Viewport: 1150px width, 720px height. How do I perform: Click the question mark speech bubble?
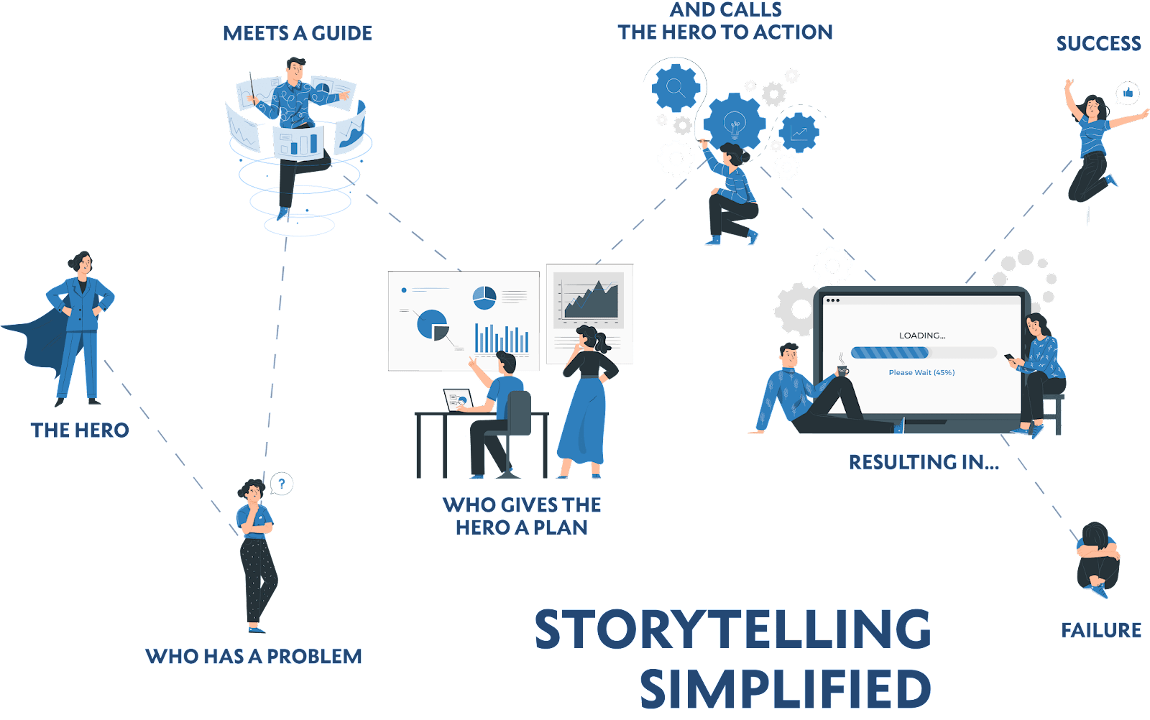pyautogui.click(x=281, y=484)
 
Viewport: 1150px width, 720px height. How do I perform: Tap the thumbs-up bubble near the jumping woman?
pyautogui.click(x=1128, y=93)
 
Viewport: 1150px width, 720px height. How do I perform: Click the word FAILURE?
pyautogui.click(x=1100, y=630)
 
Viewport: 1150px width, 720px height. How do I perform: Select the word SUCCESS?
pyautogui.click(x=1099, y=44)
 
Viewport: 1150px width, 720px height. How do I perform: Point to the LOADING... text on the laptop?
pyautogui.click(x=922, y=336)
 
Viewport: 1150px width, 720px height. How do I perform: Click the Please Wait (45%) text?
pyautogui.click(x=921, y=372)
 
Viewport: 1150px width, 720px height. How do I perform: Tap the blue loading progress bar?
pyautogui.click(x=890, y=353)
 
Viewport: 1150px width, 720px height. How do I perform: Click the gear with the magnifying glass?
pyautogui.click(x=676, y=88)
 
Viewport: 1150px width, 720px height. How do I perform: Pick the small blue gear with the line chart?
pyautogui.click(x=799, y=132)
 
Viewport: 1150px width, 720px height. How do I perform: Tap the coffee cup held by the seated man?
pyautogui.click(x=842, y=371)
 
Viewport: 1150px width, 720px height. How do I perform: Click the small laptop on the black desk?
pyautogui.click(x=458, y=400)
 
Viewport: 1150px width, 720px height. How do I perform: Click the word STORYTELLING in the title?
pyautogui.click(x=732, y=629)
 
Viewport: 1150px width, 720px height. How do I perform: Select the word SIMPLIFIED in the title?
pyautogui.click(x=786, y=688)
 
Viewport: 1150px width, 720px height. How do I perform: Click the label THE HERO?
pyautogui.click(x=80, y=430)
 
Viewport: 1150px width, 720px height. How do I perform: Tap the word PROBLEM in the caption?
pyautogui.click(x=314, y=656)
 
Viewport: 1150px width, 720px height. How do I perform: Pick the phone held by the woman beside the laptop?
pyautogui.click(x=1010, y=357)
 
